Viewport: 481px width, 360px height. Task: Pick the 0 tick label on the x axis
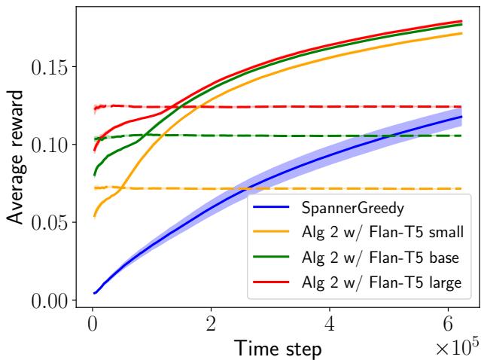[x=92, y=325]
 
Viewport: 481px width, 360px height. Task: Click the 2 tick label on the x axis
[x=211, y=325]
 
